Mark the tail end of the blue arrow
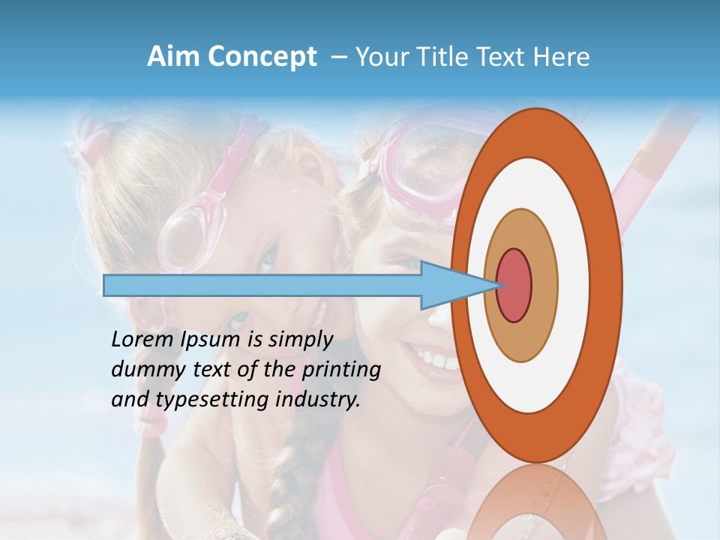(106, 285)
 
